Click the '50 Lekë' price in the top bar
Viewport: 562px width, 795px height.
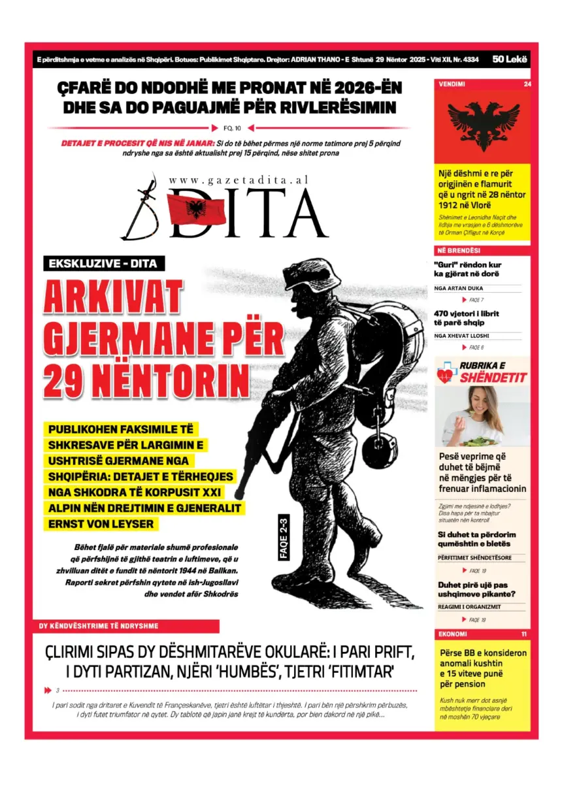pos(510,59)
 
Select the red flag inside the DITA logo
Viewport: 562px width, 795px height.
pos(196,210)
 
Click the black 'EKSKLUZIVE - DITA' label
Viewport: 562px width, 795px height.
pos(103,264)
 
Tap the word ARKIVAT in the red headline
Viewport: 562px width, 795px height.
pos(112,299)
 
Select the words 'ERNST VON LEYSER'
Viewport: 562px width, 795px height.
pos(101,524)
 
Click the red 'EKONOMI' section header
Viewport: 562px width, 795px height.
pos(453,634)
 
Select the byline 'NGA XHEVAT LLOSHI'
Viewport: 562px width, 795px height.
pos(461,336)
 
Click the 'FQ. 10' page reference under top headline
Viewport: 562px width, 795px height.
pos(233,128)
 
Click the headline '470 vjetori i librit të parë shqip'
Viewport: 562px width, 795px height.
pos(467,318)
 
